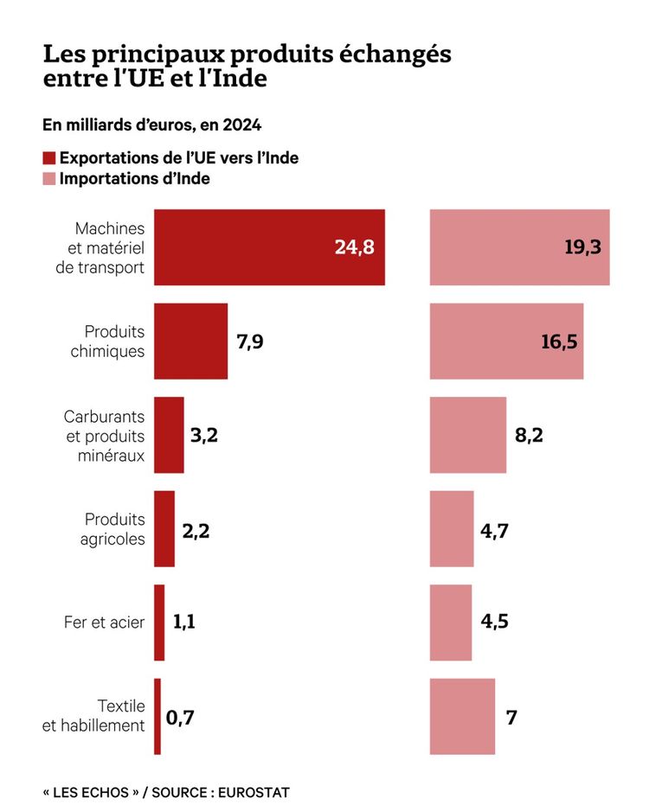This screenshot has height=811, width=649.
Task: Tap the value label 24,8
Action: tap(354, 247)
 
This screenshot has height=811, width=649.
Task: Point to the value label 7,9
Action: tap(250, 341)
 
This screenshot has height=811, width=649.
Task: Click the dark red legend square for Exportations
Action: tap(49, 158)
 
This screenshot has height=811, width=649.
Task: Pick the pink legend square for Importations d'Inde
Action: tap(49, 179)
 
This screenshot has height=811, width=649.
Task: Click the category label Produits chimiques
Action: tap(114, 342)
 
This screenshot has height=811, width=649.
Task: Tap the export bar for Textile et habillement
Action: tap(157, 716)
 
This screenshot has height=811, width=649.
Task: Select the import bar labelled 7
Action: tap(462, 716)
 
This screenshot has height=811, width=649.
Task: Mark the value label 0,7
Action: tap(180, 717)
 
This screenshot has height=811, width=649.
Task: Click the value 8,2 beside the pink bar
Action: tap(529, 435)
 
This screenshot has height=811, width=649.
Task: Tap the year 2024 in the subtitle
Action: tap(242, 125)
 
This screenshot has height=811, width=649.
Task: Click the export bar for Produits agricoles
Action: tap(164, 528)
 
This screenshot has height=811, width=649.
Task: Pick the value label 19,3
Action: tap(582, 247)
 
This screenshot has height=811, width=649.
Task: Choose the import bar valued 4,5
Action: tap(451, 623)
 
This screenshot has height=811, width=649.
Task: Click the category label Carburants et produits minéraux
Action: tap(105, 435)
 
